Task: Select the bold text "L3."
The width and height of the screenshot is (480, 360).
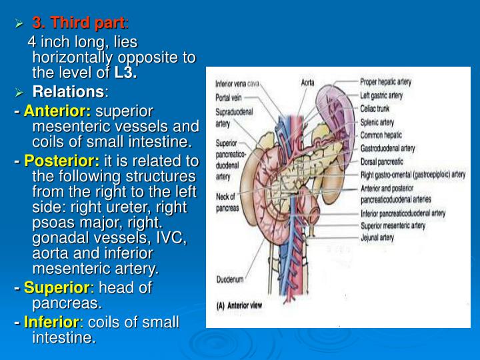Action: [125, 73]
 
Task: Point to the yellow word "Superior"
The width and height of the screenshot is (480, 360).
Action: [57, 288]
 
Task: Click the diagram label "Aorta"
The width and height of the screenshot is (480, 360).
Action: [307, 83]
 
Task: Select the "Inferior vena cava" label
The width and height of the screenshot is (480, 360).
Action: [237, 84]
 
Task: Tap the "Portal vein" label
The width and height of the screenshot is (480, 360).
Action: [228, 97]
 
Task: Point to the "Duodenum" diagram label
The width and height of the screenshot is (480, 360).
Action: [230, 279]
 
